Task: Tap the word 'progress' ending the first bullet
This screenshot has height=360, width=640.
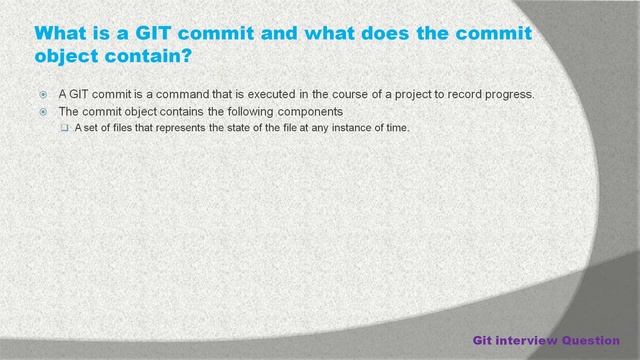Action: coord(509,95)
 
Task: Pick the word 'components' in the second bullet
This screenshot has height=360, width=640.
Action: coord(308,111)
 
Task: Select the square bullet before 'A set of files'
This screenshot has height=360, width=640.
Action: coord(64,127)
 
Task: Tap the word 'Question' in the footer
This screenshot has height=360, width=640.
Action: coord(593,339)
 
